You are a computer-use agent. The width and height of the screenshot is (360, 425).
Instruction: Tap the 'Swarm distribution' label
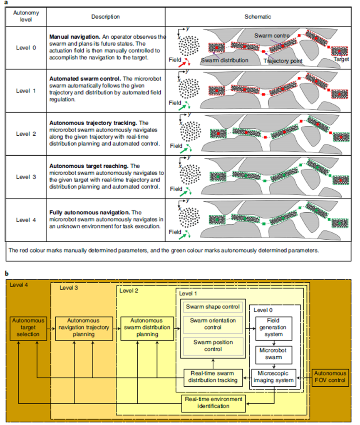(225, 61)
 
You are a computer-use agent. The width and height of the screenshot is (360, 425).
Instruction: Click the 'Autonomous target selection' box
(27, 327)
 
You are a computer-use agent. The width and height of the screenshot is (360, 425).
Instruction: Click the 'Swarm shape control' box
(213, 307)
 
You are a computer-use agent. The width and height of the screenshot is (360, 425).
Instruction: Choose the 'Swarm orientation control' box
(213, 324)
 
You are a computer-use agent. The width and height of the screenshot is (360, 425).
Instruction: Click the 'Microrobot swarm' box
(273, 353)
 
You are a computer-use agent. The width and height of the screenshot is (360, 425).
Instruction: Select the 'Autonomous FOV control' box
(330, 377)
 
